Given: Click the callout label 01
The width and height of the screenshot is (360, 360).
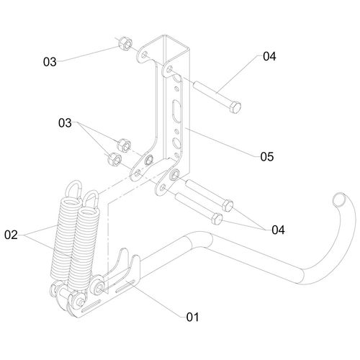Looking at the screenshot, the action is [193, 317].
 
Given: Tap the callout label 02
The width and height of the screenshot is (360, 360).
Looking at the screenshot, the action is [11, 235].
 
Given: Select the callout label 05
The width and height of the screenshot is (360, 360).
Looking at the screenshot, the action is [267, 157].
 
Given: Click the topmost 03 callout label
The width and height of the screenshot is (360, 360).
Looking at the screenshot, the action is [50, 62].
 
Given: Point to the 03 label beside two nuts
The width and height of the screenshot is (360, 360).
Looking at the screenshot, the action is [65, 123].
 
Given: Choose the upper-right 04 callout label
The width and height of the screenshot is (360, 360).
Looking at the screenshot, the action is [269, 56].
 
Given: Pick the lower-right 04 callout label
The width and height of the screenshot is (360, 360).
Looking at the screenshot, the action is [278, 230].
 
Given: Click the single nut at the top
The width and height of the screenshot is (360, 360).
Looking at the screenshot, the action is [125, 43].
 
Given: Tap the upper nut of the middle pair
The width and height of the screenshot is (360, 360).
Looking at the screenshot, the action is [124, 145].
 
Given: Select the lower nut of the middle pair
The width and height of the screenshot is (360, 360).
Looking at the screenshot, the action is [114, 159].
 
